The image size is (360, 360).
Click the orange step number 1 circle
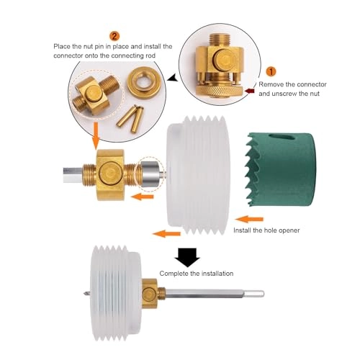click(x=271, y=71)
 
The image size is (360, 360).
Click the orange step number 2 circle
click(x=114, y=36)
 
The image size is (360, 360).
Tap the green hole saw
click(x=280, y=169)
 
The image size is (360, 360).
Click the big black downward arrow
click(x=187, y=258)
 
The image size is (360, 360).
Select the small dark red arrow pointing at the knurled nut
click(x=250, y=91)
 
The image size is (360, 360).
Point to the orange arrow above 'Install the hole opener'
click(x=249, y=219)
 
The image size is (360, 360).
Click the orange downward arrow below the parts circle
click(x=96, y=135)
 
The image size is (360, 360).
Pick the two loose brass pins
click(x=130, y=118)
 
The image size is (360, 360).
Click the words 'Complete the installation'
click(x=197, y=274)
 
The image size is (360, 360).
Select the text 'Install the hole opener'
click(x=266, y=230)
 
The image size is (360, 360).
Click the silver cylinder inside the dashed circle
click(x=149, y=174)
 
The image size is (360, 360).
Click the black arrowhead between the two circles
click(x=171, y=78)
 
